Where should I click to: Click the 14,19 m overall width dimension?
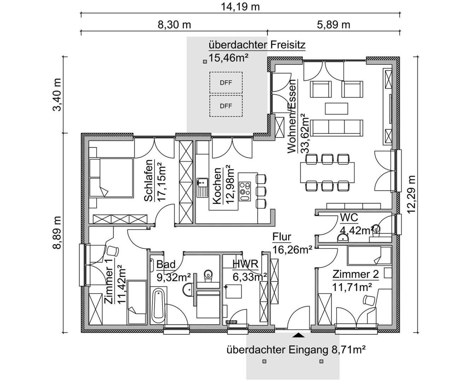point(240,7)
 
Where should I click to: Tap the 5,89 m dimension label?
point(333,25)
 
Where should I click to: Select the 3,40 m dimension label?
point(57,95)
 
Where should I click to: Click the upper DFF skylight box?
point(226,82)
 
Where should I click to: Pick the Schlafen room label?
point(149,180)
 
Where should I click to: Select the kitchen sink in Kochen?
point(202,187)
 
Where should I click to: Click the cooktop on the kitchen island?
point(245,191)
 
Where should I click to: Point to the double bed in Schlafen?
point(111,178)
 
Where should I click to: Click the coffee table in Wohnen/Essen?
point(337,109)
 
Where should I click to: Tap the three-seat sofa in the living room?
point(337,128)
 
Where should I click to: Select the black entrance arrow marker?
point(298,335)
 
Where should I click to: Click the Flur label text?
point(282,237)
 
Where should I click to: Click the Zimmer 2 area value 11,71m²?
point(352,287)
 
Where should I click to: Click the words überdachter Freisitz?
point(257,45)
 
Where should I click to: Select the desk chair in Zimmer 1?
point(113,251)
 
